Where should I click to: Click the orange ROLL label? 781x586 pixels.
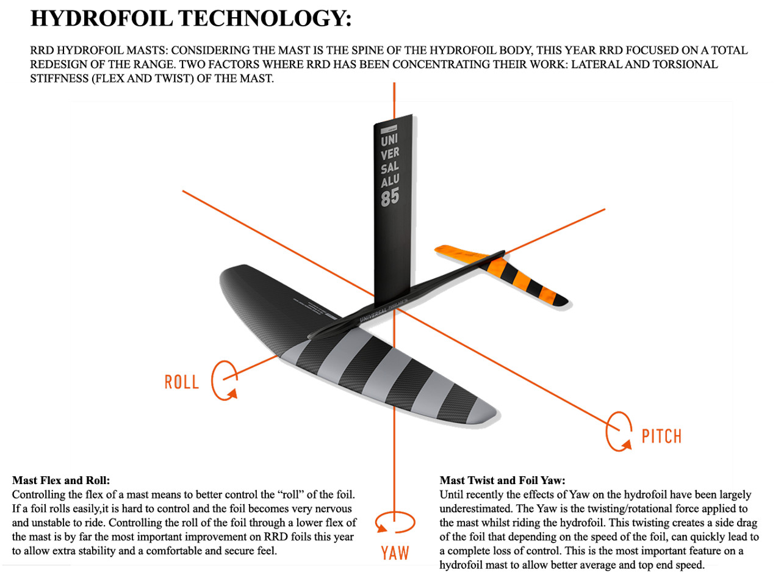click(x=181, y=382)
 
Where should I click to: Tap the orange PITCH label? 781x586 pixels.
click(x=661, y=436)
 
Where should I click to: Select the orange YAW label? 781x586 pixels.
click(x=395, y=553)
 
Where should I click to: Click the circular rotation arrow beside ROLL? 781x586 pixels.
click(x=224, y=380)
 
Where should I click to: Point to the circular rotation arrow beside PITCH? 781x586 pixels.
click(x=619, y=431)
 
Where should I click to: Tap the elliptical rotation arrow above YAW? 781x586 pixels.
click(x=395, y=523)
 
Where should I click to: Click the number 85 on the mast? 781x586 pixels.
click(x=390, y=197)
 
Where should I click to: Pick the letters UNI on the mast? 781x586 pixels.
click(x=389, y=140)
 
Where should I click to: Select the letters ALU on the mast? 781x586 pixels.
click(x=390, y=181)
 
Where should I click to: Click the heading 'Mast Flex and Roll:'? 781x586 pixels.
click(x=61, y=480)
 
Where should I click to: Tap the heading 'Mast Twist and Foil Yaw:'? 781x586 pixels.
click(x=502, y=480)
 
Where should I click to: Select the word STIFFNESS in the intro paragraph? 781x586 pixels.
click(x=59, y=78)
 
